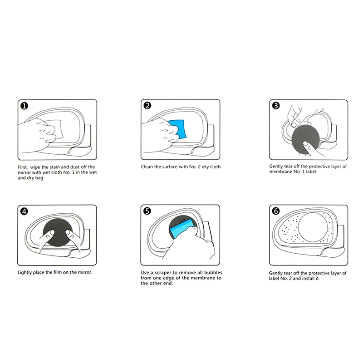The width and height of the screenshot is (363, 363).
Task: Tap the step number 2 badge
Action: click(x=147, y=106)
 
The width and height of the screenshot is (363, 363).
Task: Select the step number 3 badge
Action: click(x=276, y=106)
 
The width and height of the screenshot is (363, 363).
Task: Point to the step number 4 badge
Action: click(x=24, y=211)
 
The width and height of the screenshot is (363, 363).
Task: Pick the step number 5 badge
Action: click(x=147, y=211)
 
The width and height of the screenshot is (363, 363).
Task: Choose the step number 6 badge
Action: click(x=276, y=211)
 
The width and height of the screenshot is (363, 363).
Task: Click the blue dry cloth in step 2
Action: click(x=179, y=127)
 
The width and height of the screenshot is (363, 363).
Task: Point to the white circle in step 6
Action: click(x=311, y=230)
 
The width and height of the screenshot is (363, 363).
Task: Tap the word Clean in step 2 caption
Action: click(x=148, y=167)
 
